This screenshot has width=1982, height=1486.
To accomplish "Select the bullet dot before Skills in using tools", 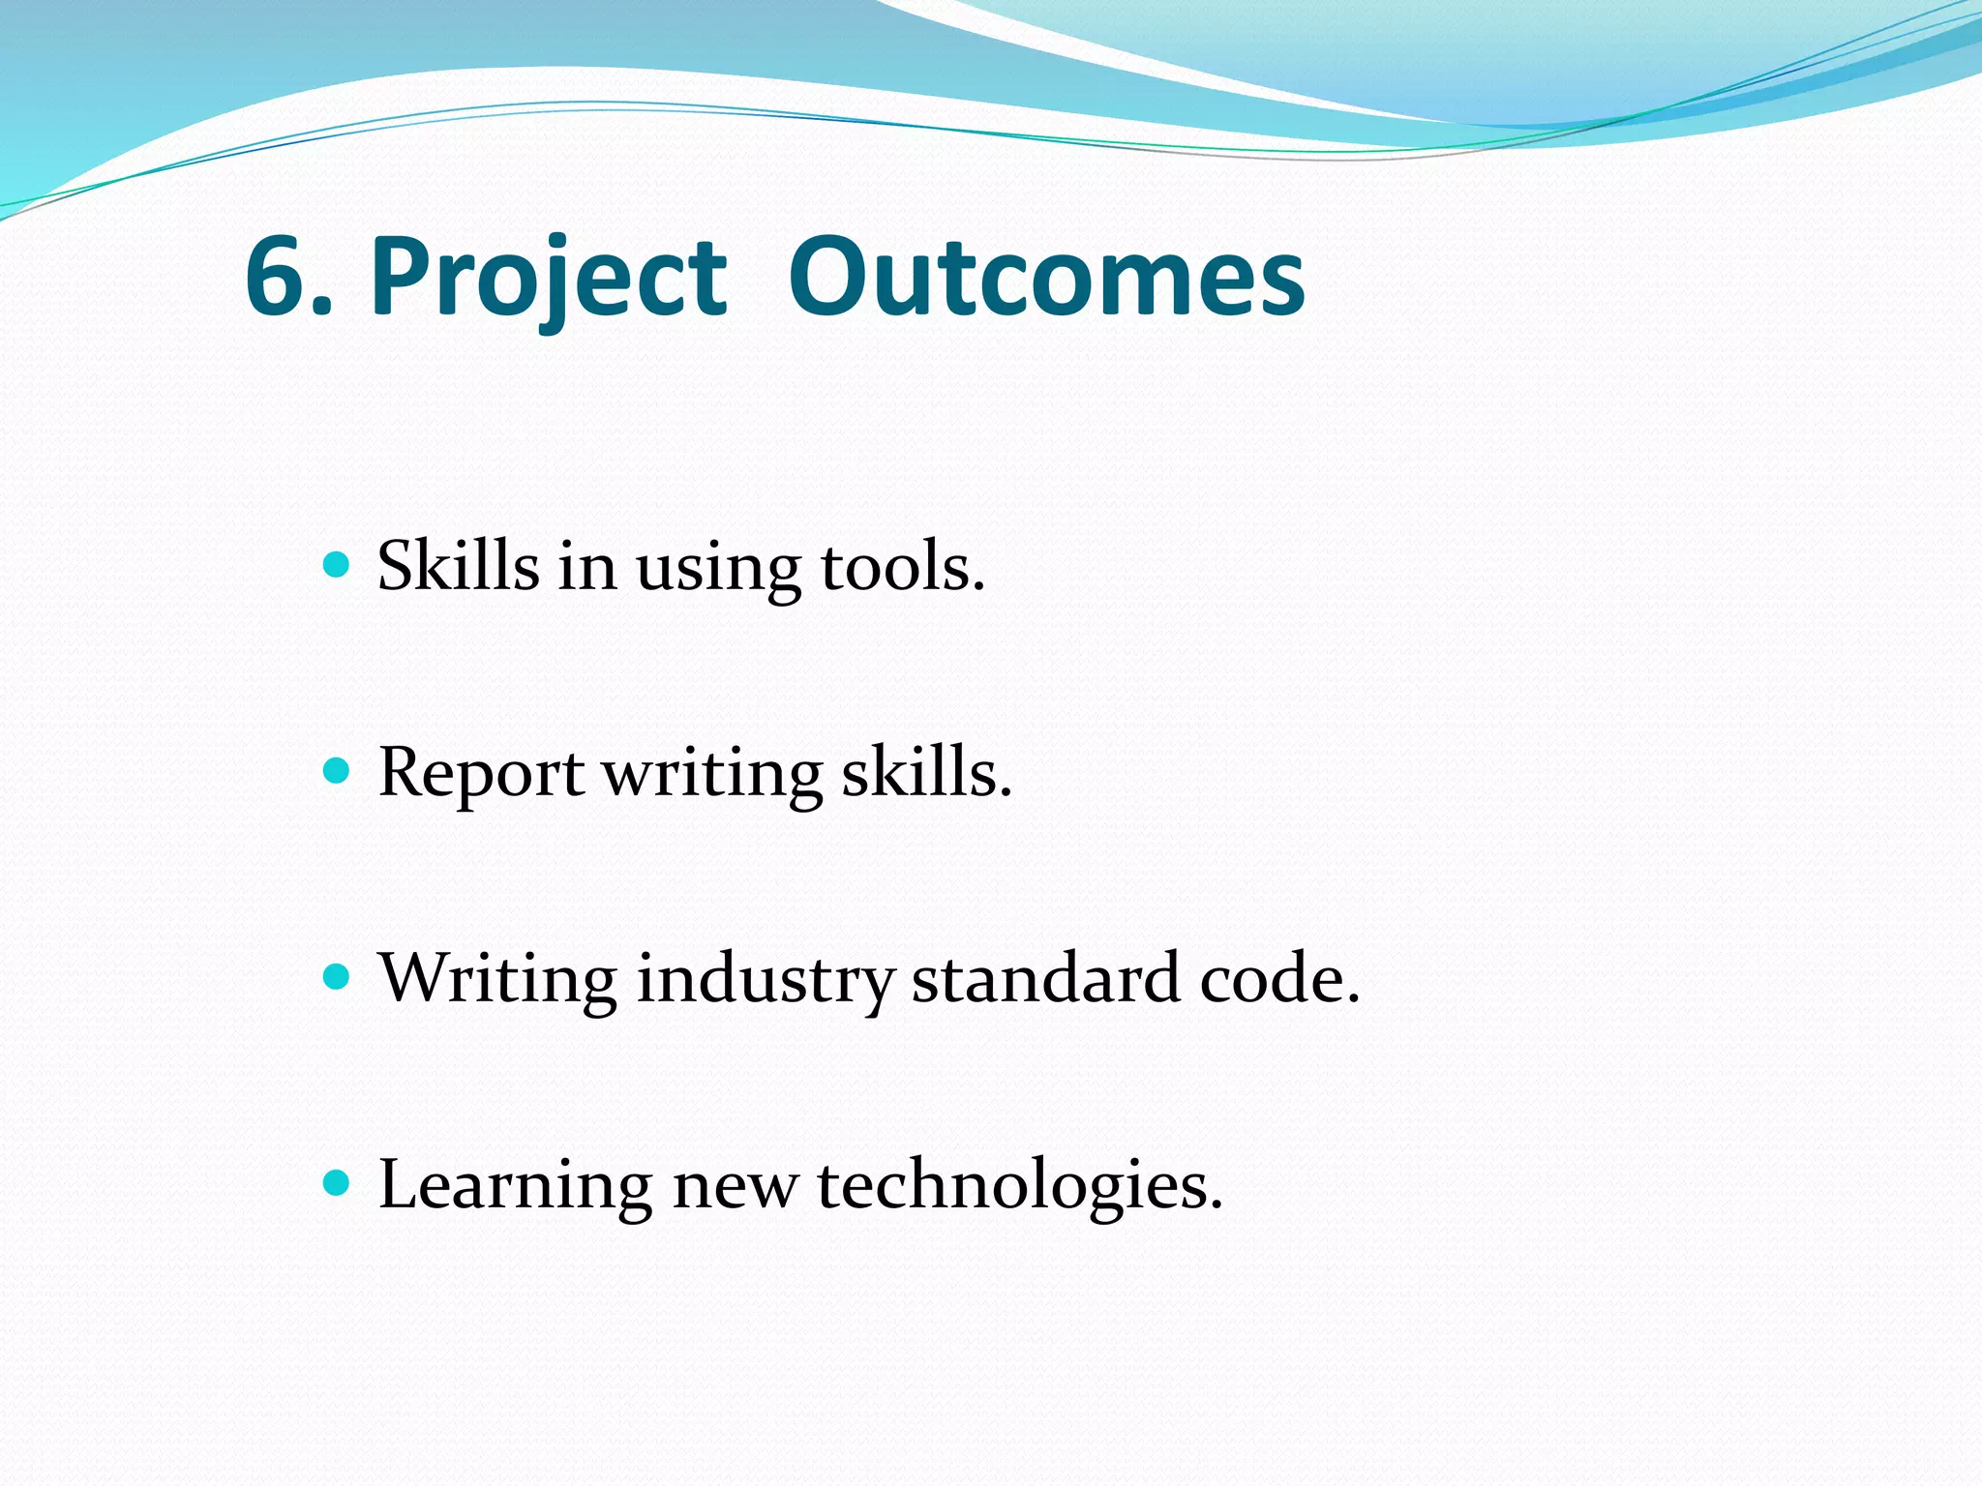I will (x=336, y=565).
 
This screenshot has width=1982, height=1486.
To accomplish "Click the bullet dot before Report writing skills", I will (x=336, y=771).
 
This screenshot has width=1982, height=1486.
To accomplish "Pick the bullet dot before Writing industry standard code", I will (x=336, y=977).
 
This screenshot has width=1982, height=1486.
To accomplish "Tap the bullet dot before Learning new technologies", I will (x=336, y=1183).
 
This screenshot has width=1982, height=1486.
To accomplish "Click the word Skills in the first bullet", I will (x=458, y=565).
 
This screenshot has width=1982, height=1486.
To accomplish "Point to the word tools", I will (x=901, y=567).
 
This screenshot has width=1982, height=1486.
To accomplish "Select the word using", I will (x=717, y=571).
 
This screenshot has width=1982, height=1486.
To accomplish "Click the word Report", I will (x=481, y=774).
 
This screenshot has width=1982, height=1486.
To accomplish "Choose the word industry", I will (x=765, y=980).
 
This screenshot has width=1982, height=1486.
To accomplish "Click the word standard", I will (x=1046, y=978).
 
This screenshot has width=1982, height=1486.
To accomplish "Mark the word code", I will (x=1277, y=979).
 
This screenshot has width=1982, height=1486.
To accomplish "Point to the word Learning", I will (x=515, y=1186).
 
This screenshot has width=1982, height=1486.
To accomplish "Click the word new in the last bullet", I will (x=735, y=1188).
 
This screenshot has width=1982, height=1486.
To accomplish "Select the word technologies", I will (x=1019, y=1186).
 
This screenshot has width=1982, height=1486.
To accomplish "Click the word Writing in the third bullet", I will (x=497, y=980).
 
